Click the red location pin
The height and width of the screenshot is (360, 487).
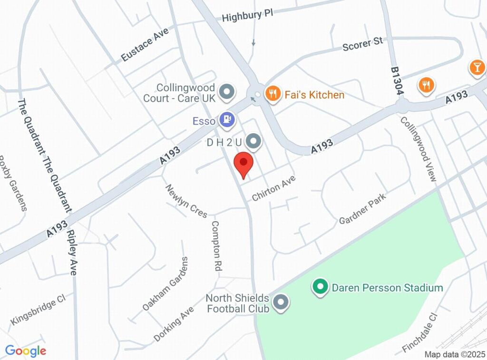tap(244, 165)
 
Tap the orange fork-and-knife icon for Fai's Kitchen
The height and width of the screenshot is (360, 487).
tap(272, 94)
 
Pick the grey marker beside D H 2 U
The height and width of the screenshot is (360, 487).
tap(254, 141)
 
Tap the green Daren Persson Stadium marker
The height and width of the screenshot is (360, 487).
tap(320, 287)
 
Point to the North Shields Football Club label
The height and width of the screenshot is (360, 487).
tap(237, 303)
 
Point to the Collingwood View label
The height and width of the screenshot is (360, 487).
tap(418, 149)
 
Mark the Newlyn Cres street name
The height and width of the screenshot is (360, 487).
tap(186, 201)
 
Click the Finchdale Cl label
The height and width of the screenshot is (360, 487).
tap(419, 333)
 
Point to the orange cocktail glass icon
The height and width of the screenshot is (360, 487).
tap(477, 67)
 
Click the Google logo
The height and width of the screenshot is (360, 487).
tap(26, 351)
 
